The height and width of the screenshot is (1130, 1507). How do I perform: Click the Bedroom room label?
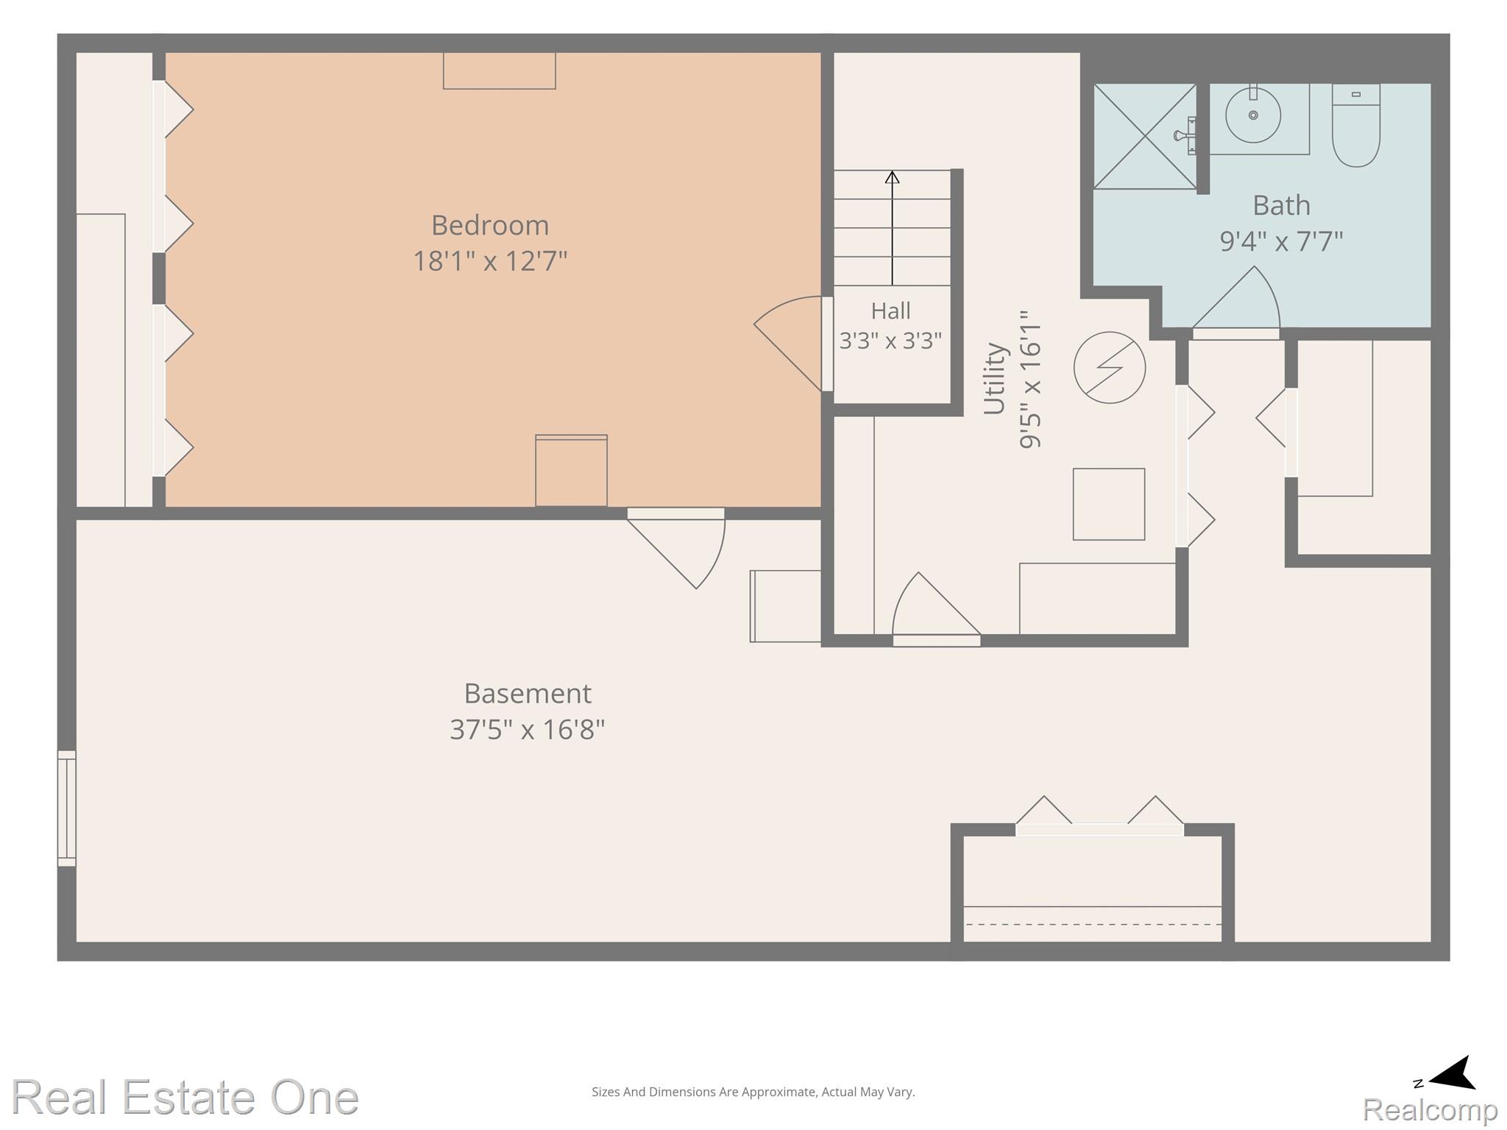tap(490, 225)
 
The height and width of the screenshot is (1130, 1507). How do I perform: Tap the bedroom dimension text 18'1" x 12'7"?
tap(490, 261)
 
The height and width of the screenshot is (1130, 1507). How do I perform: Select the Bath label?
tap(1282, 205)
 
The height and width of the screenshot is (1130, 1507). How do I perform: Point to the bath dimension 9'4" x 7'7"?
tap(1282, 241)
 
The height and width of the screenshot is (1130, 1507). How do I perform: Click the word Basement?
tap(528, 694)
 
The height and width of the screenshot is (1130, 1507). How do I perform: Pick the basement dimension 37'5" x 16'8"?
tap(528, 730)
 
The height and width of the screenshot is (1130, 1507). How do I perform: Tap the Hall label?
tap(891, 311)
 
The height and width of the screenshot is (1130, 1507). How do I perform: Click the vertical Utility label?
tap(995, 379)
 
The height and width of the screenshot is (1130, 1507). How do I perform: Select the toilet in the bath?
tap(1355, 125)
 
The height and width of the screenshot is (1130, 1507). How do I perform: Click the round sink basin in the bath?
tap(1253, 116)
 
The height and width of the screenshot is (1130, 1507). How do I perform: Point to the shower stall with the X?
tap(1145, 136)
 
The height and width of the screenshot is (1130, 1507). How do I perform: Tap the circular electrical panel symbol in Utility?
tap(1110, 367)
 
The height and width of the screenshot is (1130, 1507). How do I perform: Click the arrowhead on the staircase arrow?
tap(892, 177)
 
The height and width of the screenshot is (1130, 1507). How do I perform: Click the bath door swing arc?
tap(1236, 296)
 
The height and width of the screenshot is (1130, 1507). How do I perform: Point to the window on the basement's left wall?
tap(67, 808)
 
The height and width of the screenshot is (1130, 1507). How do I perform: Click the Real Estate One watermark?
tap(185, 1098)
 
